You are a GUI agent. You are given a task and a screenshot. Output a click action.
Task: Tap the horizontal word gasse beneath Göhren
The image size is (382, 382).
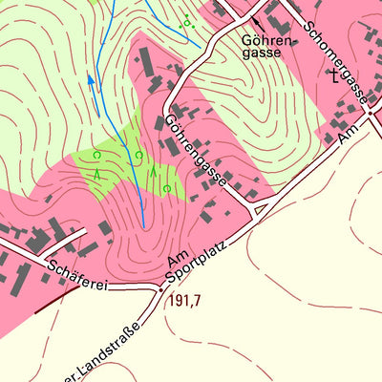(262, 53)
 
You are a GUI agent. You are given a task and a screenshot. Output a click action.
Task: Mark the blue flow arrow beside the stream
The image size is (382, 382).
(93, 82)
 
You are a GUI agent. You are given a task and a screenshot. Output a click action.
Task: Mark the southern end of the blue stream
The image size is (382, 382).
(143, 225)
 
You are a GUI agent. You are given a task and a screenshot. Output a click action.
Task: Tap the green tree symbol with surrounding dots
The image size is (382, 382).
(188, 22)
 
